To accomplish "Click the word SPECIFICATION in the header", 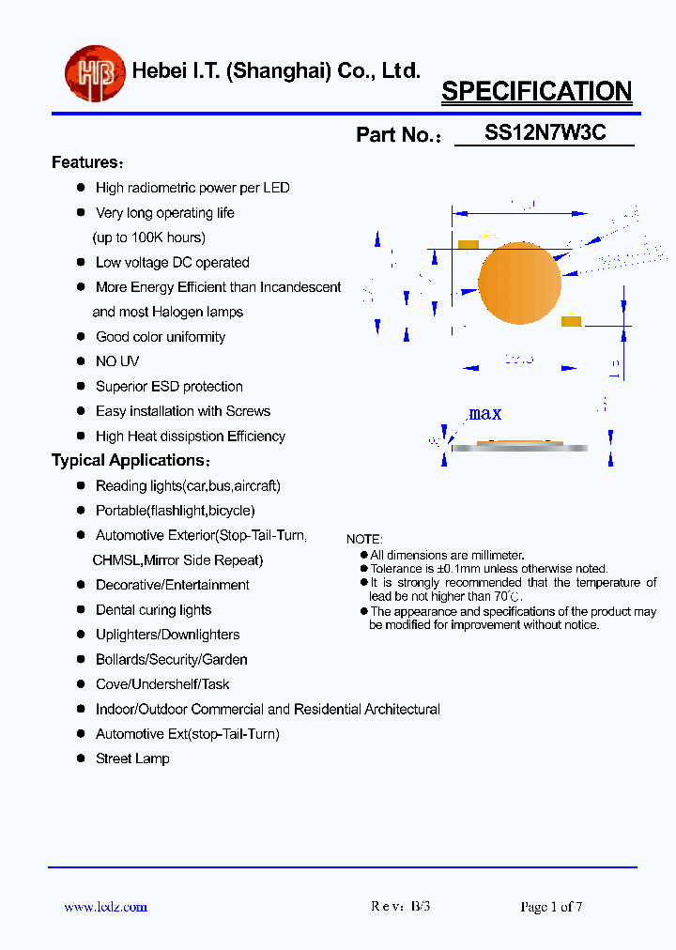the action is [536, 92].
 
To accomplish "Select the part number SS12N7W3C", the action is [545, 133].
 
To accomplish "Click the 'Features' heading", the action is [85, 162].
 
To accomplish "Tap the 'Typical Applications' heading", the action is [129, 460].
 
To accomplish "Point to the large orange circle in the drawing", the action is [519, 283].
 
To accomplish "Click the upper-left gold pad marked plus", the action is [469, 245].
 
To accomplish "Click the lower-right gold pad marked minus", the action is [571, 322].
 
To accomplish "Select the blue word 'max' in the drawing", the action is [484, 413].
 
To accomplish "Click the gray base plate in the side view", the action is [519, 448].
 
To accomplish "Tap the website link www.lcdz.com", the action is [105, 907].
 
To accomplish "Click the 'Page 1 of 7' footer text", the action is [551, 907].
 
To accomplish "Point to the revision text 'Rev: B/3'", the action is [401, 907].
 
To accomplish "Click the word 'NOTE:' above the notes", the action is [364, 540].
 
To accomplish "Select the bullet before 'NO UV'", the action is [81, 361].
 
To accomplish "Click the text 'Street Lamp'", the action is [132, 758].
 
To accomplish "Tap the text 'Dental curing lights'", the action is [153, 610].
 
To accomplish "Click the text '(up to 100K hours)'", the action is [148, 237].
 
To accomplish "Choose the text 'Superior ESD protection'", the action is [169, 387].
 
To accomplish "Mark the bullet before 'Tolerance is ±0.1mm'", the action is [364, 569].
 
